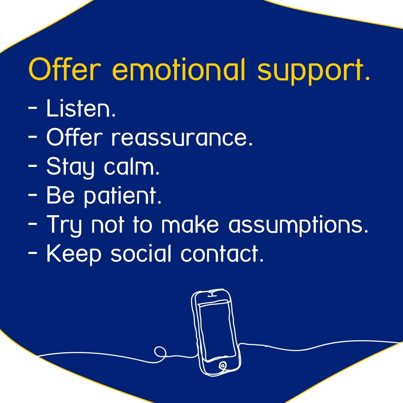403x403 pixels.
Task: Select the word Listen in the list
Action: (81, 108)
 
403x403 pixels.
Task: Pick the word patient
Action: (123, 196)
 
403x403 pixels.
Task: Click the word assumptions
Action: (299, 225)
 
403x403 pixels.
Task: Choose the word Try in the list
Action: (64, 225)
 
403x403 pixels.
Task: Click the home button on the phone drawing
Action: (222, 365)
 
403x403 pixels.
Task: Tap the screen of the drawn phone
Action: (217, 331)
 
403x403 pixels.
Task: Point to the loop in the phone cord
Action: (160, 352)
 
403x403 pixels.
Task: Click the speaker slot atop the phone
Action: (211, 295)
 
